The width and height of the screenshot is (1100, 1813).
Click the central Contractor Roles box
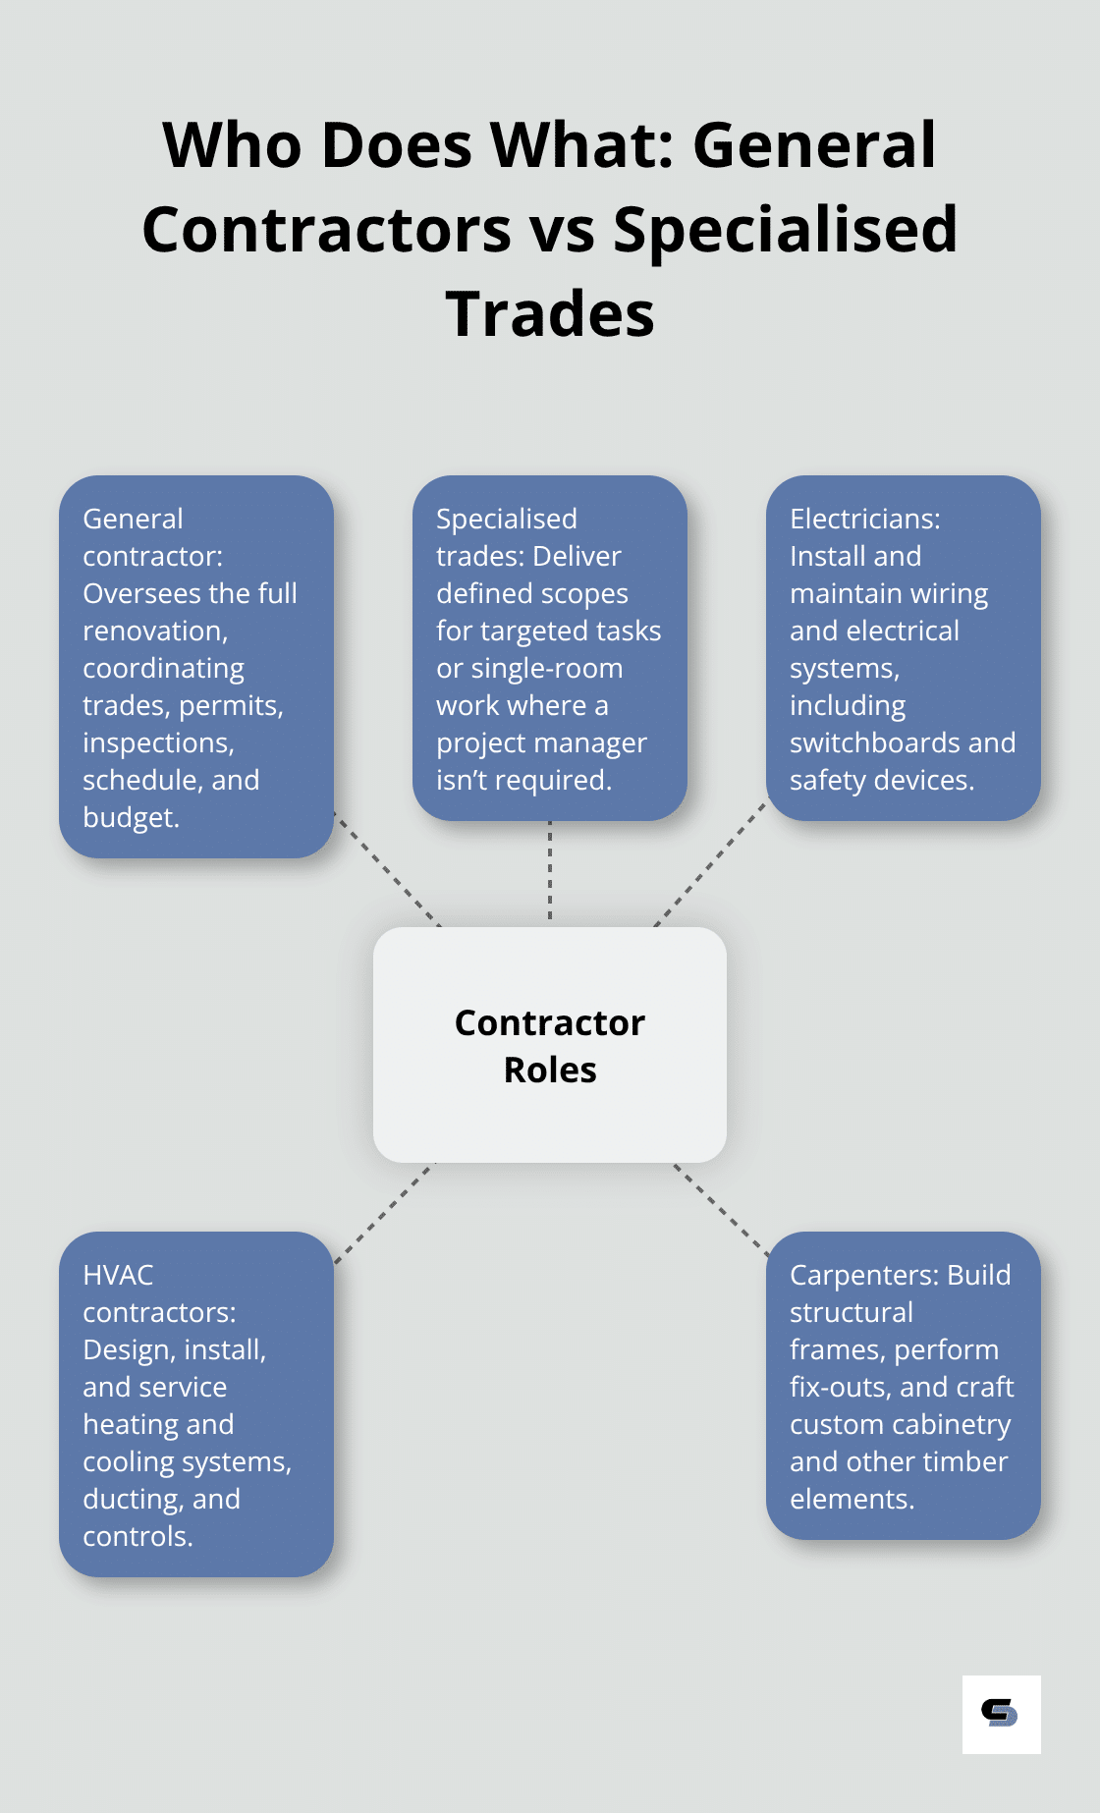click(550, 1045)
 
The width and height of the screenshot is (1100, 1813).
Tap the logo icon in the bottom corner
click(1001, 1714)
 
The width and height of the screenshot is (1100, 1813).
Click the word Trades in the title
click(550, 314)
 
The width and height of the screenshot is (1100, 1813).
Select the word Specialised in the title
click(785, 230)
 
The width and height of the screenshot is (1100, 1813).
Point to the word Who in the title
click(232, 145)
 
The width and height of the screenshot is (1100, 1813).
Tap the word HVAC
click(118, 1275)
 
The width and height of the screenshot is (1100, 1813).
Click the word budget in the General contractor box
click(130, 817)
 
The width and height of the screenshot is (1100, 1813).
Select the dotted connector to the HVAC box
click(384, 1214)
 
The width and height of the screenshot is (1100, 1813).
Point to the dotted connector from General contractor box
click(388, 868)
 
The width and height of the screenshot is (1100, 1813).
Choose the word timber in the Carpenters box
click(966, 1461)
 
